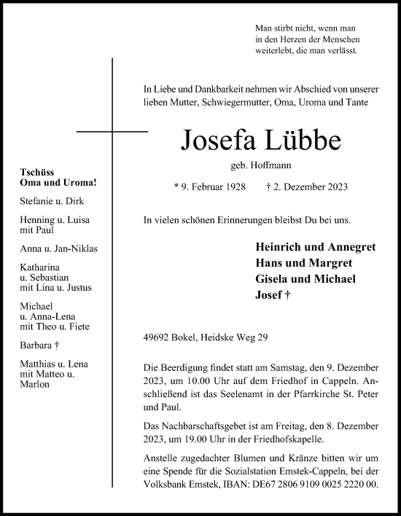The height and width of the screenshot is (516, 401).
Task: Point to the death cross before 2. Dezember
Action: pyautogui.click(x=270, y=187)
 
